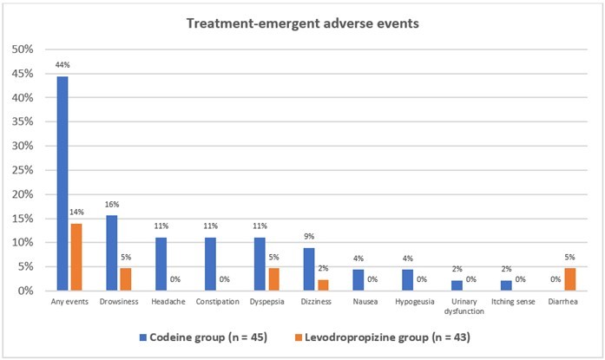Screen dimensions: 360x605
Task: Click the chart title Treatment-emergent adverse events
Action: click(x=303, y=23)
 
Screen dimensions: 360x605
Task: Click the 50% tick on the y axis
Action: click(x=23, y=49)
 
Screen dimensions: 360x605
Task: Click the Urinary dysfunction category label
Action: click(x=467, y=307)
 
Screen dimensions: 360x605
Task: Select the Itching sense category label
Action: click(x=516, y=303)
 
